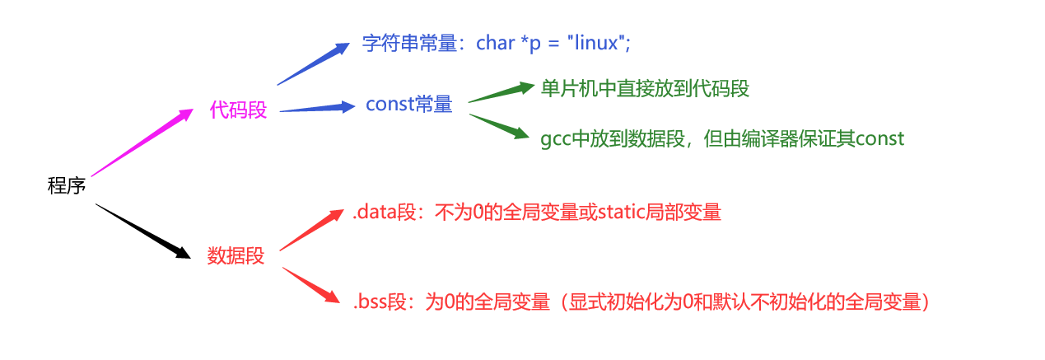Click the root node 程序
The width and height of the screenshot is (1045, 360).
[x=67, y=186]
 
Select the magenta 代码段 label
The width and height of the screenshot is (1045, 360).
[x=239, y=110]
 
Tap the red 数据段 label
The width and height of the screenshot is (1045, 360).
[x=236, y=256]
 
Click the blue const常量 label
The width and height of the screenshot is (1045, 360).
[x=408, y=105]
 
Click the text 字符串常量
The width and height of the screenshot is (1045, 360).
[x=409, y=44]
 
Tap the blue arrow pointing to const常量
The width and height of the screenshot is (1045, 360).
[x=317, y=108]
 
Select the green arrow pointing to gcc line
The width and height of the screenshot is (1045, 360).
[x=499, y=125]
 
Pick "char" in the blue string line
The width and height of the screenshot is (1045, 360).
[x=496, y=43]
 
